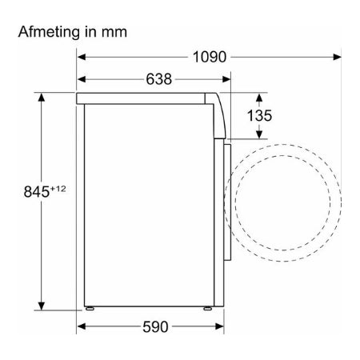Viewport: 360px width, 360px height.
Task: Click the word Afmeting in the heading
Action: (49, 32)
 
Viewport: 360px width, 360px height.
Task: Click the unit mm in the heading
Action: (114, 33)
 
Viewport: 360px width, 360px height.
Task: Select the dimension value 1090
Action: (210, 57)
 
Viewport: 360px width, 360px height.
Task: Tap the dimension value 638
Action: (159, 79)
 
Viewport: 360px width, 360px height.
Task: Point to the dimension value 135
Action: (259, 115)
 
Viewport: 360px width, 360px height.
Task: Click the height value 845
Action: (37, 191)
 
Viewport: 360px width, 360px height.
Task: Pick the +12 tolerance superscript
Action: (58, 189)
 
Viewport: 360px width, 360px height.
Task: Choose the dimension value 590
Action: (155, 326)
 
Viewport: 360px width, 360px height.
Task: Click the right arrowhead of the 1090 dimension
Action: (338, 57)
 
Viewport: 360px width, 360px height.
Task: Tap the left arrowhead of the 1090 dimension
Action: (82, 57)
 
